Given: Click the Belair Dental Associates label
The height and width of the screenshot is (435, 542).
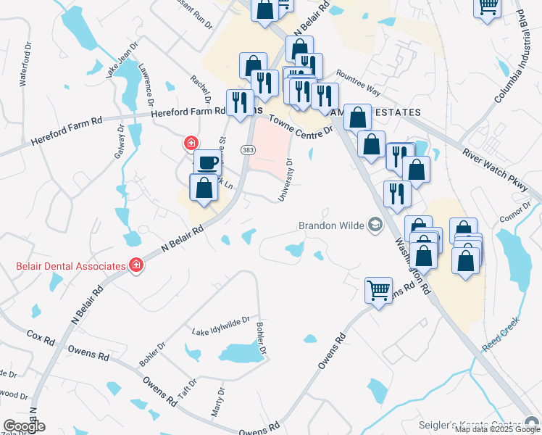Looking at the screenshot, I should (x=70, y=266).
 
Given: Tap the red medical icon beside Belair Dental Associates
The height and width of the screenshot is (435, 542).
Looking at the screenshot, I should (x=135, y=266).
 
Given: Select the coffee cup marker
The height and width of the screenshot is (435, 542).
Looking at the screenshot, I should (x=207, y=162).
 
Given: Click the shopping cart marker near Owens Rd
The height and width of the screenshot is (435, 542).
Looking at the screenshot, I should (x=378, y=291).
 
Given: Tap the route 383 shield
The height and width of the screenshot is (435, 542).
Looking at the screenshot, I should (x=248, y=149).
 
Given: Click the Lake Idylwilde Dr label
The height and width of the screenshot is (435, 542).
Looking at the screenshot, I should (x=220, y=325).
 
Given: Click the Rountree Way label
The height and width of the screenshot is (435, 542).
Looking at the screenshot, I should (x=358, y=82).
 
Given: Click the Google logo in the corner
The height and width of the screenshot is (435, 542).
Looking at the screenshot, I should (x=24, y=426).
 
